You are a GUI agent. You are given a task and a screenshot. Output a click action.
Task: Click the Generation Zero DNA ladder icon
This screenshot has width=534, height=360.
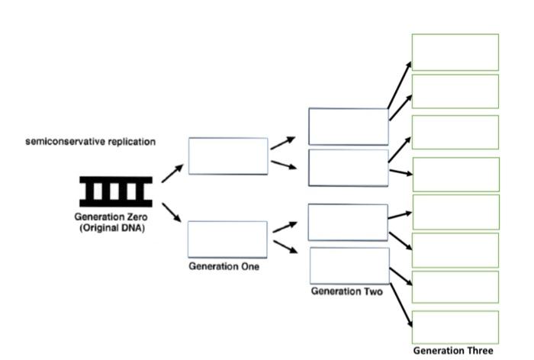click(116, 191)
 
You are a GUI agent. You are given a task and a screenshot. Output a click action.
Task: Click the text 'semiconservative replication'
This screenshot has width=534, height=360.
click(91, 142)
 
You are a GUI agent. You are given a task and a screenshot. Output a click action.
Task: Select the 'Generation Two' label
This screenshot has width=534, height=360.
click(346, 291)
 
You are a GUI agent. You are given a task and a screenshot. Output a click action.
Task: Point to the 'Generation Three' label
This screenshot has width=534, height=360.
click(453, 351)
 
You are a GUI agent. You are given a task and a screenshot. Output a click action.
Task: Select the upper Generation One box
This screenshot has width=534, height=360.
click(228, 156)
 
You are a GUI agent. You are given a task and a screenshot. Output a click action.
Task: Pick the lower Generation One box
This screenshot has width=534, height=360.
click(227, 239)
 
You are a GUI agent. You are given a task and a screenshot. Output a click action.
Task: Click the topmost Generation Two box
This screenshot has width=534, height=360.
click(348, 127)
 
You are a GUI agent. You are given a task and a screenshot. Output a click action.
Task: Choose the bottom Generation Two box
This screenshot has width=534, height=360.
click(349, 265)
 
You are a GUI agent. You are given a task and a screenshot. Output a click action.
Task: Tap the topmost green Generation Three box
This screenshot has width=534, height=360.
click(455, 53)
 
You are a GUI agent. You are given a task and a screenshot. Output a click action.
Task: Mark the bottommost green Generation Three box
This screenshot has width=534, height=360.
click(455, 327)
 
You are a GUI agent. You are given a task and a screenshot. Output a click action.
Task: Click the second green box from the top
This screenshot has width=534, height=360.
click(455, 92)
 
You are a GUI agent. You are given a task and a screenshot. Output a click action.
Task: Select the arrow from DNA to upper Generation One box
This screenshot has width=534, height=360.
click(172, 172)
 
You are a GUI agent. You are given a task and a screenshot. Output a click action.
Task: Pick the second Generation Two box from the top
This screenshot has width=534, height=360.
click(348, 168)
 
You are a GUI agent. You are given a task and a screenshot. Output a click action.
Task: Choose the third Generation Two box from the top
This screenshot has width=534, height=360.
click(348, 223)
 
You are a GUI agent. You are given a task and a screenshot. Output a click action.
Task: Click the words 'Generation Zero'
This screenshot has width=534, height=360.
click(112, 217)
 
